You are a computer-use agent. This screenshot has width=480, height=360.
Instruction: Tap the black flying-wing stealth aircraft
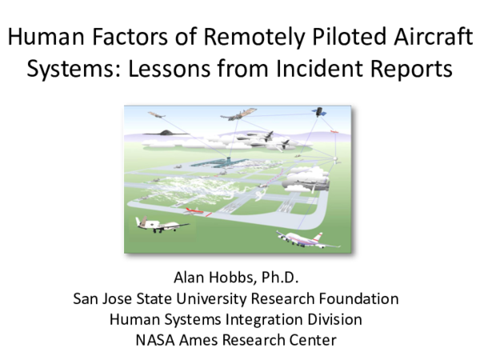166,132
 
